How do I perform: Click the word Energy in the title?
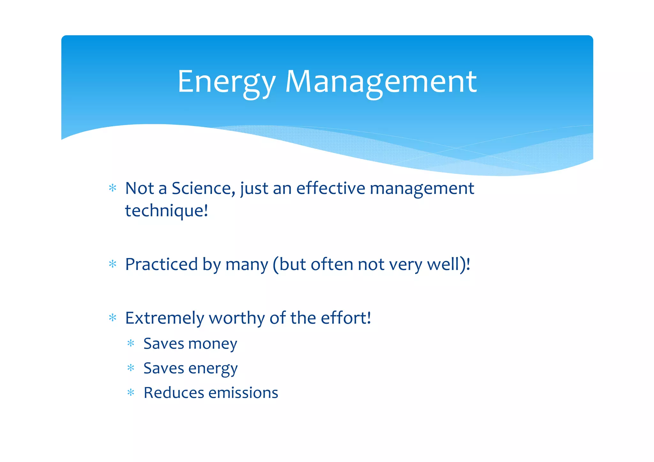point(226,82)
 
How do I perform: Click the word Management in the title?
point(381,82)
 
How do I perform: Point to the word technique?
point(166,211)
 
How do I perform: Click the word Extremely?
point(164,318)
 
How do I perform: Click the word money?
point(213,344)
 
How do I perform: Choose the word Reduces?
point(173,393)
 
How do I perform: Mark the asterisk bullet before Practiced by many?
point(112,264)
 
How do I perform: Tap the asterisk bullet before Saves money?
point(131,344)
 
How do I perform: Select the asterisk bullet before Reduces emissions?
point(131,392)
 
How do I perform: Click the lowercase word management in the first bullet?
point(422,188)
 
